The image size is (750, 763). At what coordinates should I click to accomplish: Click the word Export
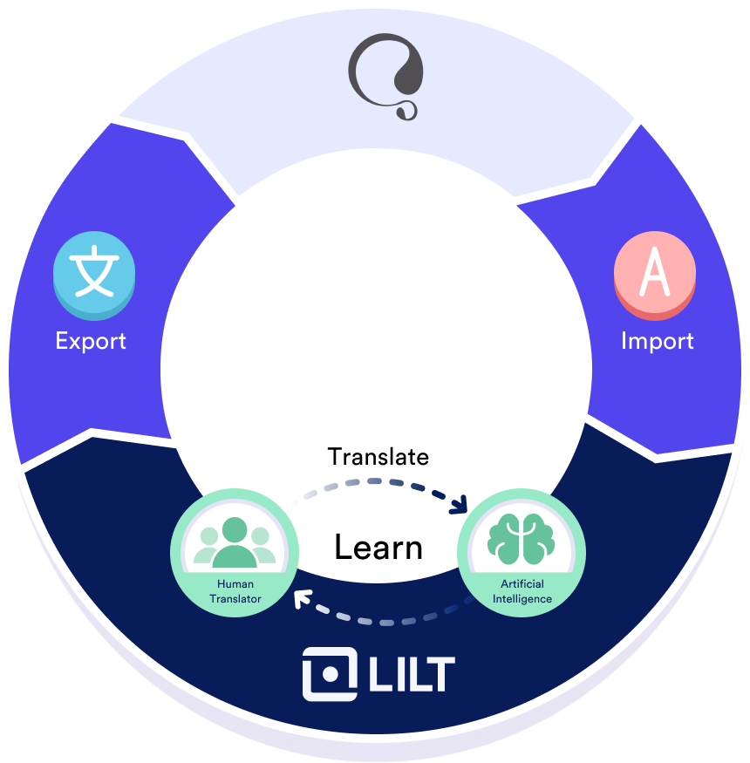click(91, 340)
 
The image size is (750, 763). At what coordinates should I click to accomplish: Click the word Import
click(658, 340)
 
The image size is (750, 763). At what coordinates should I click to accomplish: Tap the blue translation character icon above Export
click(94, 270)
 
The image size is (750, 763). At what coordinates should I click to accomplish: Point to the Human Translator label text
click(235, 591)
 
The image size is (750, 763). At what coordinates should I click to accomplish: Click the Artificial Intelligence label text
click(522, 591)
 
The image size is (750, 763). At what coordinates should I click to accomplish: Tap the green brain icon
click(522, 539)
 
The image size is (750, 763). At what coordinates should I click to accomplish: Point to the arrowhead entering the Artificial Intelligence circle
click(461, 507)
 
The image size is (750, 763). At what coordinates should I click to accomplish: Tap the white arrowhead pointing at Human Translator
click(302, 599)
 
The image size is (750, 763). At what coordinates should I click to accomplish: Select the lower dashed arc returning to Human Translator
click(384, 621)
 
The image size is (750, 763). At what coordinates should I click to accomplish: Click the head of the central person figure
click(235, 529)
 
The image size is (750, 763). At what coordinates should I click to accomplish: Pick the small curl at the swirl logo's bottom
click(406, 111)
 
